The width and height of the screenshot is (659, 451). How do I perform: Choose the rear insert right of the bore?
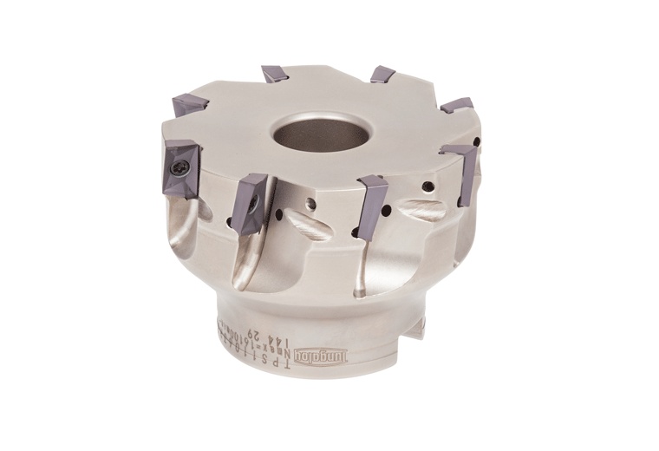(382, 75)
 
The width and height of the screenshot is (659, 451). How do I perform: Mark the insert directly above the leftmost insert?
(190, 106)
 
